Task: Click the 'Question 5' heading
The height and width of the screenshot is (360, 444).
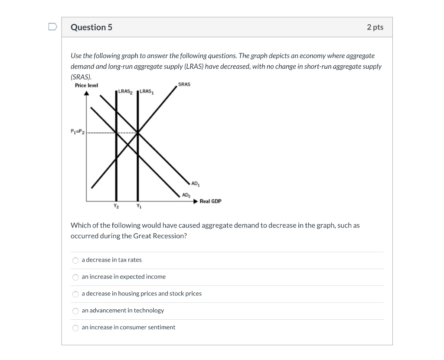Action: (x=91, y=27)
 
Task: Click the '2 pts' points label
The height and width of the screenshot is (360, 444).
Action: (x=375, y=27)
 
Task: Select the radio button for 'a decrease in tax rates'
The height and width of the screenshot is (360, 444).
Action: (x=75, y=260)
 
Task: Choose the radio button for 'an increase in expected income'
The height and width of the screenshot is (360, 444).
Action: (x=75, y=277)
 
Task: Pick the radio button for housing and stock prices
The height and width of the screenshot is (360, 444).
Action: (x=75, y=294)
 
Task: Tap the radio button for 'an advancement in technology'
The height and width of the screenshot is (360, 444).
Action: (x=75, y=311)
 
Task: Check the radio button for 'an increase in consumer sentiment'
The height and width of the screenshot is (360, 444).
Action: (x=75, y=328)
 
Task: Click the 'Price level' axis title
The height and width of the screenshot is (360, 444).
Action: (x=86, y=85)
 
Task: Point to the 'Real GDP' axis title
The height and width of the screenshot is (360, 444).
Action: (x=210, y=201)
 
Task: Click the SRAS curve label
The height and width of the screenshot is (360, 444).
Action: (x=184, y=84)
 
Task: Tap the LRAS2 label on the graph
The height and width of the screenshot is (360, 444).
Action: (x=126, y=91)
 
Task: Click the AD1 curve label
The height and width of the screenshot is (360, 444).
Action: (x=195, y=184)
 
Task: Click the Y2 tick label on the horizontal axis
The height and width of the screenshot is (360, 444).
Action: (x=116, y=206)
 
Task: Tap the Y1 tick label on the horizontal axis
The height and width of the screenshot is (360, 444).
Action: (x=138, y=206)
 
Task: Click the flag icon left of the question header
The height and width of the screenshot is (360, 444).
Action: (x=52, y=27)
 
